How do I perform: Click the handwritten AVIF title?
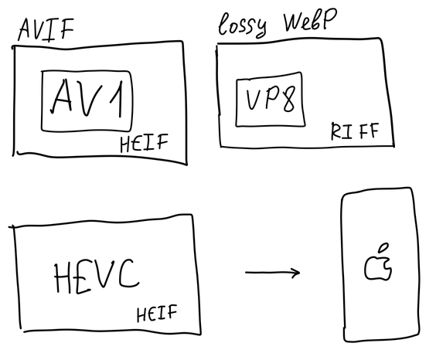click(46, 29)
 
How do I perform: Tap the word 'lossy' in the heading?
click(243, 25)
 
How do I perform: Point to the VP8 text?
click(271, 99)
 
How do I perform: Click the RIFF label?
click(355, 131)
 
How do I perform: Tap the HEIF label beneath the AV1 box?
click(144, 143)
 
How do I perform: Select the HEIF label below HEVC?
click(157, 313)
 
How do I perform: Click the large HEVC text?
click(96, 276)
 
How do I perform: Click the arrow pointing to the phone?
click(272, 273)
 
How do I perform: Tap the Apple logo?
click(378, 262)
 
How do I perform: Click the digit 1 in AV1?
click(117, 98)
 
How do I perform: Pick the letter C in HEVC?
click(128, 273)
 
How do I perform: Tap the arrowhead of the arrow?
click(295, 273)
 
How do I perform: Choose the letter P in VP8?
click(272, 97)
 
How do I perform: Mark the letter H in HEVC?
click(62, 278)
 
